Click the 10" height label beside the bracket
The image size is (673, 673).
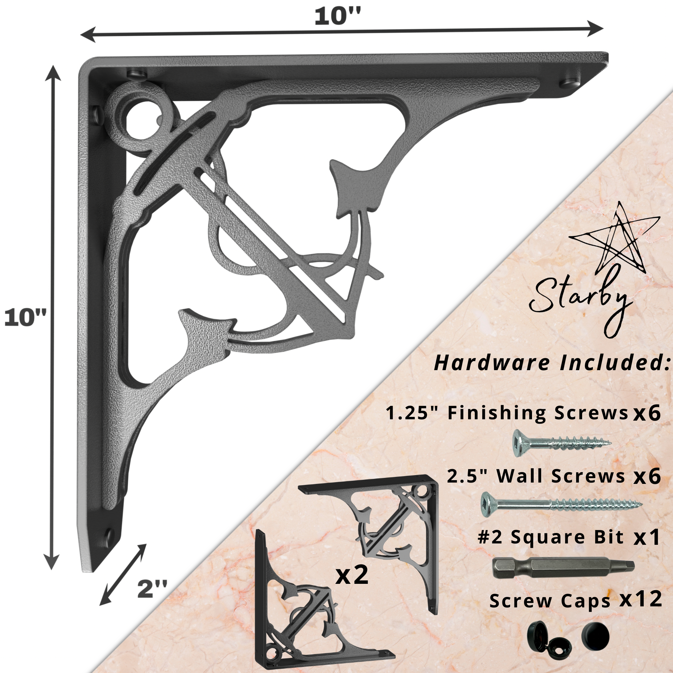25,318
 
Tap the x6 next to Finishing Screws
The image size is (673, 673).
647,413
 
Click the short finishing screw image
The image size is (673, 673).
562,443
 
